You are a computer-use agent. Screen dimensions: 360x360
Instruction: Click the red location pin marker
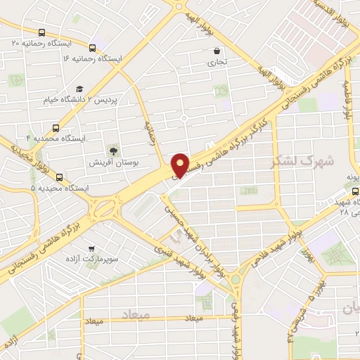181,165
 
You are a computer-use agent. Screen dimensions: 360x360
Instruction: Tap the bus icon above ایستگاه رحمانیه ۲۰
42,32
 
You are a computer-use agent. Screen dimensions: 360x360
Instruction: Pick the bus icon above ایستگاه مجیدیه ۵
59,177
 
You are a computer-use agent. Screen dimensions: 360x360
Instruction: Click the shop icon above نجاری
217,51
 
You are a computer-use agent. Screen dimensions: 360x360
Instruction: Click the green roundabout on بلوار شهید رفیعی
236,281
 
